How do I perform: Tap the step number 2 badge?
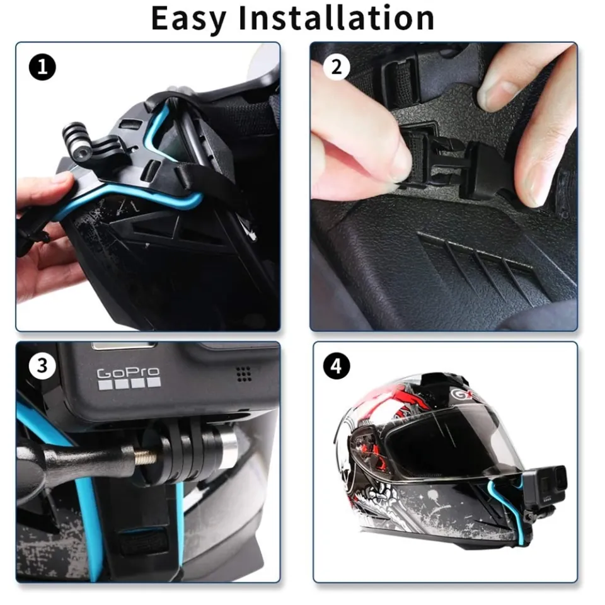(337, 67)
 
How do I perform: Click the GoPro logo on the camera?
(129, 377)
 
